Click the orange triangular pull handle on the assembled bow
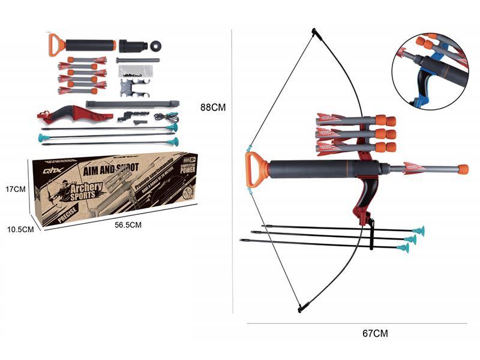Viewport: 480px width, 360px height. coord(255,169)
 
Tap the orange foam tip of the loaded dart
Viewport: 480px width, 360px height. coord(463,169)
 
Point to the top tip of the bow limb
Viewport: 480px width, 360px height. coord(314,31)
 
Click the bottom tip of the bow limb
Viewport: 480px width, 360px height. coord(299,310)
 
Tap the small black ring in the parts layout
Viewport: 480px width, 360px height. coord(157,46)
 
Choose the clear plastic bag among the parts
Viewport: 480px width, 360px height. coord(135,71)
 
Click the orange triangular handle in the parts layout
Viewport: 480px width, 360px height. coord(56,44)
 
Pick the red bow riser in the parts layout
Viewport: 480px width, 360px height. coord(75,112)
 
